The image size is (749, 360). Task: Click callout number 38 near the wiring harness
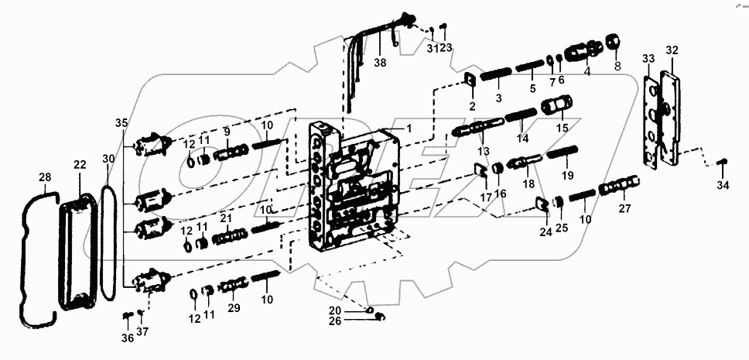[x=379, y=62]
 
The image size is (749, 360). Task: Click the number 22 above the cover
[x=80, y=165]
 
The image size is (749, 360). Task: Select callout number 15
[x=563, y=127]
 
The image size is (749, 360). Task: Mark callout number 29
[x=232, y=308]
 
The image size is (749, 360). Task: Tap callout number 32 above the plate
[x=672, y=50]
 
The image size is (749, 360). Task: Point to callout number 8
[x=617, y=67]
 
